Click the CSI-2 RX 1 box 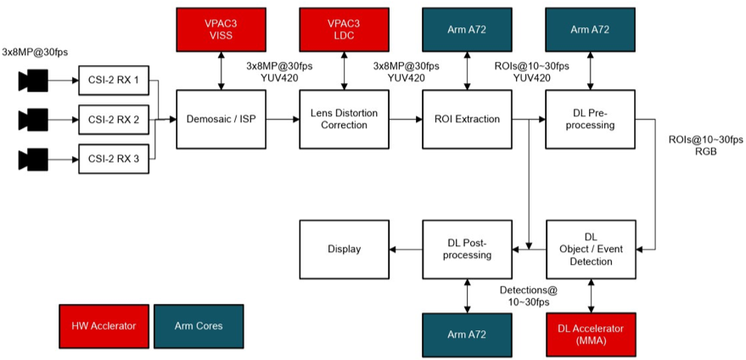point(113,82)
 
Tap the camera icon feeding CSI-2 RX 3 point(34,158)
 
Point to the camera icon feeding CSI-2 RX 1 point(34,82)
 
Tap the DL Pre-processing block point(591,120)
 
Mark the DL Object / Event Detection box point(591,249)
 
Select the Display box point(344,249)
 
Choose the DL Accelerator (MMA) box point(591,334)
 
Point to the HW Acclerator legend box point(104,324)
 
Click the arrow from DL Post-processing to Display point(406,249)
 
